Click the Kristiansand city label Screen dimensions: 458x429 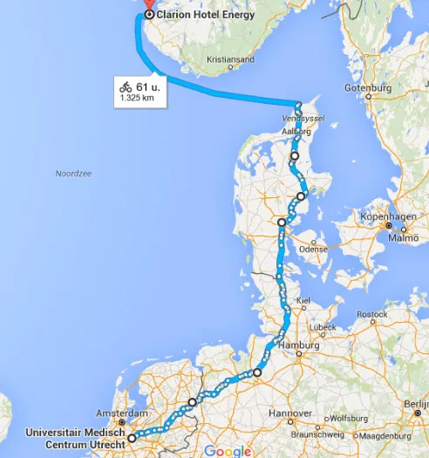[230, 60]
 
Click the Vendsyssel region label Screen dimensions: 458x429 [297, 116]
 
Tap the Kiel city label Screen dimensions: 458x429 [303, 300]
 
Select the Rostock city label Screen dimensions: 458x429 [371, 314]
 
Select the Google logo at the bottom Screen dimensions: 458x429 [228, 450]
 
